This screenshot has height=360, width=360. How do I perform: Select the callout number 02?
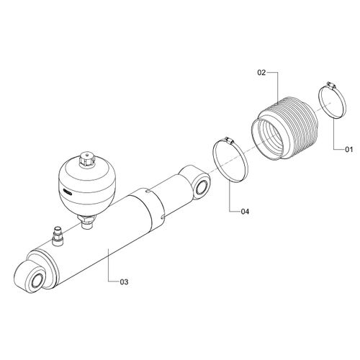click(262, 73)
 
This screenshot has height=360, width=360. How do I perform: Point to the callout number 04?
click(245, 211)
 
